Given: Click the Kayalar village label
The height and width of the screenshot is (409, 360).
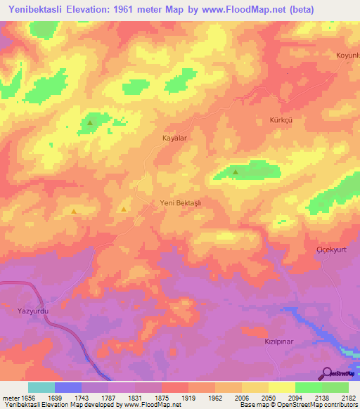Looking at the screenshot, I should [x=173, y=139].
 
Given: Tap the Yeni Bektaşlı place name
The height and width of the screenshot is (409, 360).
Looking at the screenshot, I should [x=181, y=202].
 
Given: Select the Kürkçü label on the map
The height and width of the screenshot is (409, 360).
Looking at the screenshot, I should [x=281, y=120].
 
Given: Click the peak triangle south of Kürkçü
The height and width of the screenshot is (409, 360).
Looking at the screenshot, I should [x=236, y=171].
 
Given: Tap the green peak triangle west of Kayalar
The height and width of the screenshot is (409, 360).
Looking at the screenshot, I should [x=90, y=124].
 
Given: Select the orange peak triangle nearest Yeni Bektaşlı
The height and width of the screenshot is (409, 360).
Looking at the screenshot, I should [x=124, y=208].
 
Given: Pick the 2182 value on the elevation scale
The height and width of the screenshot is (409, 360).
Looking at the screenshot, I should [x=347, y=398].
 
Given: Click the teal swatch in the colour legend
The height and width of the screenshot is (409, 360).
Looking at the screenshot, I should [x=41, y=387].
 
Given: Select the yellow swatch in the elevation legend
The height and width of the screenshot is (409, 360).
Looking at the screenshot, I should [x=281, y=387].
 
